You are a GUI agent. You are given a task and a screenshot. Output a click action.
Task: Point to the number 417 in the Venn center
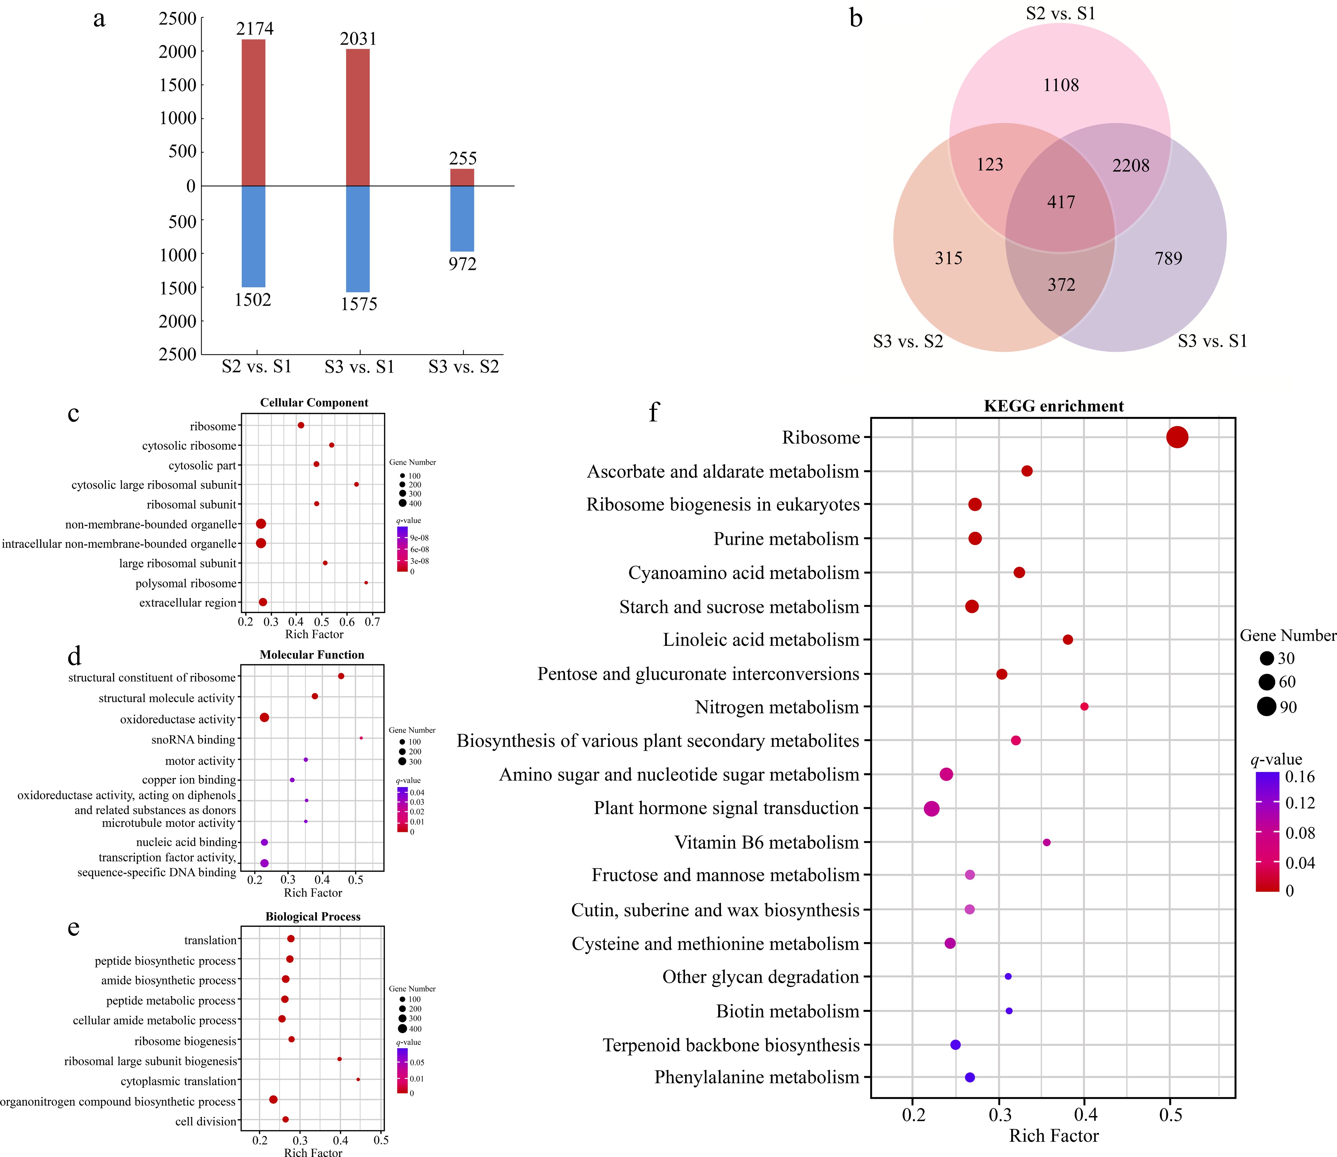click(1061, 202)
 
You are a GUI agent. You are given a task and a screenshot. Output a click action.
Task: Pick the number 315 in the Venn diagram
click(948, 258)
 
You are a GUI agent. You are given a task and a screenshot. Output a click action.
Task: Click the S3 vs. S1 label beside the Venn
click(1212, 341)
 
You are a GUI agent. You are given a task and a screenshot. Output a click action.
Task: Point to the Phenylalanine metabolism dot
click(970, 1077)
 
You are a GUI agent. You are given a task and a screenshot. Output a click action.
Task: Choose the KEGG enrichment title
click(1053, 406)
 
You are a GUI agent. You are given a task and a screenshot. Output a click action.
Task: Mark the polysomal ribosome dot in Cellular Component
click(366, 582)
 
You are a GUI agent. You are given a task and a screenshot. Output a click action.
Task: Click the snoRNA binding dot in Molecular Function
click(361, 738)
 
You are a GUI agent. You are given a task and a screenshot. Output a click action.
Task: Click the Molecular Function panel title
click(312, 655)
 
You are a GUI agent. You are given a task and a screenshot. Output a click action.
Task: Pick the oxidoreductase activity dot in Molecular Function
click(264, 717)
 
